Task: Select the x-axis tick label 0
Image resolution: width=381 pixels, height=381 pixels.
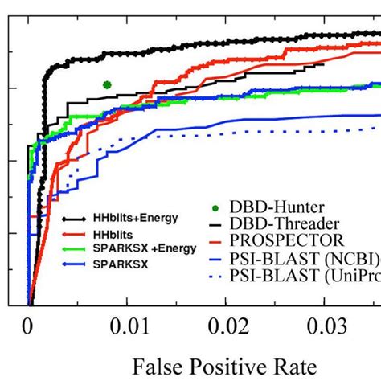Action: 29,328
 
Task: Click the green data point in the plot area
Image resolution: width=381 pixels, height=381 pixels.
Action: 107,84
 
